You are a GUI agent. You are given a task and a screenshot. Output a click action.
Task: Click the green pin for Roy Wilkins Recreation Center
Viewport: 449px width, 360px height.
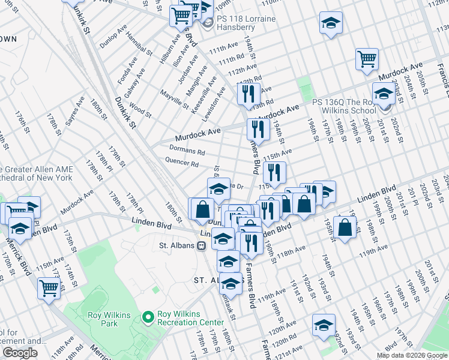(x=148, y=316)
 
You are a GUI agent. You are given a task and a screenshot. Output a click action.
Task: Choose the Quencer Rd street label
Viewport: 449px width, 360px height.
(x=182, y=163)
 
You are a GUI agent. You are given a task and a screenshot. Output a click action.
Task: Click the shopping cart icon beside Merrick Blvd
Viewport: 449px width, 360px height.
(x=49, y=287)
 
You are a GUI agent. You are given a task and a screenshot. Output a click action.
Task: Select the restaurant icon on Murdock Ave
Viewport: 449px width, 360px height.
(x=258, y=128)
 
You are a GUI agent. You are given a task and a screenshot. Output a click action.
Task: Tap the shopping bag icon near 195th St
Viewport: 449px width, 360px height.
(x=346, y=228)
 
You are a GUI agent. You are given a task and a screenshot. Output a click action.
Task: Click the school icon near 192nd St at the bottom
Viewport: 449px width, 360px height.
(x=324, y=324)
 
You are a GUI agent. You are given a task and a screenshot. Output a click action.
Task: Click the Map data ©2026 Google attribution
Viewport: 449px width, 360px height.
(x=411, y=355)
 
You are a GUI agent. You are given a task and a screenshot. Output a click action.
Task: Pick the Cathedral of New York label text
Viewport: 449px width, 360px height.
(x=36, y=178)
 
